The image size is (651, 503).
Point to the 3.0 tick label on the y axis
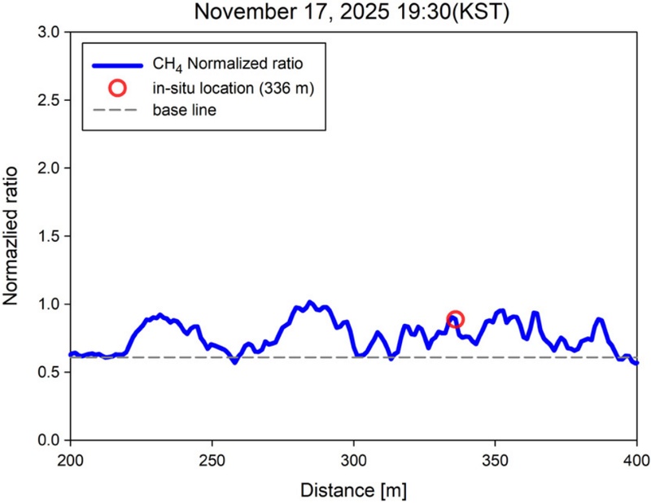pos(48,33)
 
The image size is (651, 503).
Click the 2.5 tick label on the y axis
pos(48,100)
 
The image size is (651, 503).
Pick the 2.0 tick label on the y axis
pos(48,168)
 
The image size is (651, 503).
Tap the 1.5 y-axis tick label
pos(48,236)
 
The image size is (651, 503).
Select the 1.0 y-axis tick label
pos(48,304)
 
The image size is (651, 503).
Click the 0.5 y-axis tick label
pos(48,372)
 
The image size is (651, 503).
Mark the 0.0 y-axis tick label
pos(48,440)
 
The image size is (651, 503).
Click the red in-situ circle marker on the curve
pos(456,319)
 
